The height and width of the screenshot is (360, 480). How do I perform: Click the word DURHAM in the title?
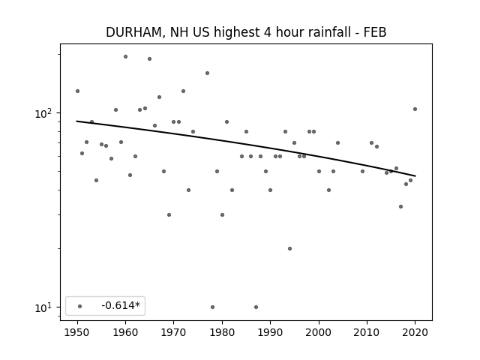[x=133, y=32]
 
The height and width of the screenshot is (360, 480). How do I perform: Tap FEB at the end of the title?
[x=375, y=32]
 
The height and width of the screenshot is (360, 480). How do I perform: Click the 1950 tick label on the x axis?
[x=77, y=332]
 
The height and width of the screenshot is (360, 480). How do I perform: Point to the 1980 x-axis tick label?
[x=222, y=332]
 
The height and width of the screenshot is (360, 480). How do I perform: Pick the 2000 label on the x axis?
[x=319, y=332]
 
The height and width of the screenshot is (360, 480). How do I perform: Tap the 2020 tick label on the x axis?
[x=415, y=332]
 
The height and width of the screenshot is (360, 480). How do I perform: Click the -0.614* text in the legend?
[x=121, y=305]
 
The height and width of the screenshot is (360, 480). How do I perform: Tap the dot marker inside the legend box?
[x=80, y=306]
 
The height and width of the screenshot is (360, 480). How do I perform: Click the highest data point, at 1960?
[x=125, y=57]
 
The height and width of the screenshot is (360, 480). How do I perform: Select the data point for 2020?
[x=415, y=109]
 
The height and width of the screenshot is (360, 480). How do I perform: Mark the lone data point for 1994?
[x=290, y=248]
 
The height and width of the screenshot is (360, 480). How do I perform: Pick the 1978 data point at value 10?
[x=212, y=307]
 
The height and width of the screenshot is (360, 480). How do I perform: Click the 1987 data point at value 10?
[x=256, y=307]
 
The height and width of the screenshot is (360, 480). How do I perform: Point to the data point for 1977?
[x=207, y=73]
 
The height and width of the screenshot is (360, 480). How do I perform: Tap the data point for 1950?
[x=77, y=91]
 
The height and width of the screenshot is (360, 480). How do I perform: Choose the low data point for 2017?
[x=400, y=207]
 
